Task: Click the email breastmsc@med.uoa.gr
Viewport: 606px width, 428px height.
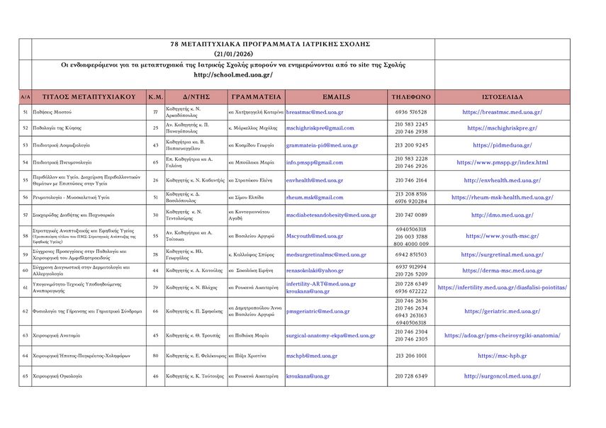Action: [315, 112]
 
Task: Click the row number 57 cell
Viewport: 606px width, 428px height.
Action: [26, 215]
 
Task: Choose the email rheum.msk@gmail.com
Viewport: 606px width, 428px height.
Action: [315, 198]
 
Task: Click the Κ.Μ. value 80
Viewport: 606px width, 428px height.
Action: [156, 356]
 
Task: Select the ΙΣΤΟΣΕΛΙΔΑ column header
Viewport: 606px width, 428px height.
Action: [502, 96]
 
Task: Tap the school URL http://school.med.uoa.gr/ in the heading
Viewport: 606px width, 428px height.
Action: [232, 75]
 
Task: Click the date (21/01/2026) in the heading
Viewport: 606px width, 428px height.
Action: [233, 54]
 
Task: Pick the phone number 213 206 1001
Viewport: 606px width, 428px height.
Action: [411, 356]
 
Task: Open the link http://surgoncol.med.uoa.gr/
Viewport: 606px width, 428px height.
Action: [502, 376]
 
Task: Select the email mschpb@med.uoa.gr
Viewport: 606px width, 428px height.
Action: [312, 356]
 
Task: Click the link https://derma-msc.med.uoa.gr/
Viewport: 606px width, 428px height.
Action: [502, 271]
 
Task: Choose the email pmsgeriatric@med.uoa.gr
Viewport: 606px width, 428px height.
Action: [318, 311]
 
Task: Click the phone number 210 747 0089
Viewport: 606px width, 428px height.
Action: [411, 215]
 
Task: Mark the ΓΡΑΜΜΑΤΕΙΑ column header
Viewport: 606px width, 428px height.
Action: [256, 96]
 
